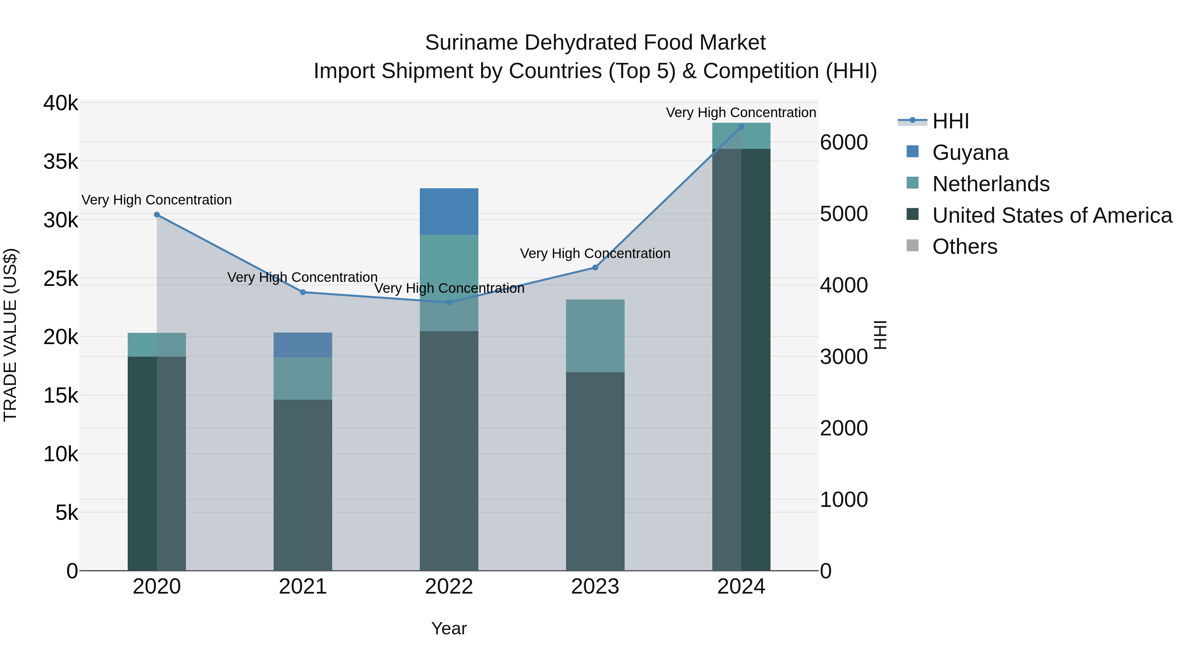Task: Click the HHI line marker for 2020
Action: coord(157,214)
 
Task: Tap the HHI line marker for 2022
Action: coord(449,302)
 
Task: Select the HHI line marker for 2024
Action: coord(741,126)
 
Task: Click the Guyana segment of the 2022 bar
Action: coord(449,211)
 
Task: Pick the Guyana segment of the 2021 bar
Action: coord(303,345)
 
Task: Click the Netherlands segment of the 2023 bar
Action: coord(595,336)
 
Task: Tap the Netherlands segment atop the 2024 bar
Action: coord(741,136)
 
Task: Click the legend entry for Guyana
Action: coord(970,153)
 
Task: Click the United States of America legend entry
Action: coord(1052,215)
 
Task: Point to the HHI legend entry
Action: coord(950,121)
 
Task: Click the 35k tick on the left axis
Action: coord(61,162)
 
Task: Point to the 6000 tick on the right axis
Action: coord(844,142)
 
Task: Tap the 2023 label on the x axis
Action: coord(595,587)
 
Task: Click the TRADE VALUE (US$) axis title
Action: coord(10,335)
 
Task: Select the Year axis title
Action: coord(449,628)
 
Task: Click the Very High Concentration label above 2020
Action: coord(157,200)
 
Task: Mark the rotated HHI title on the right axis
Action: coord(881,335)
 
